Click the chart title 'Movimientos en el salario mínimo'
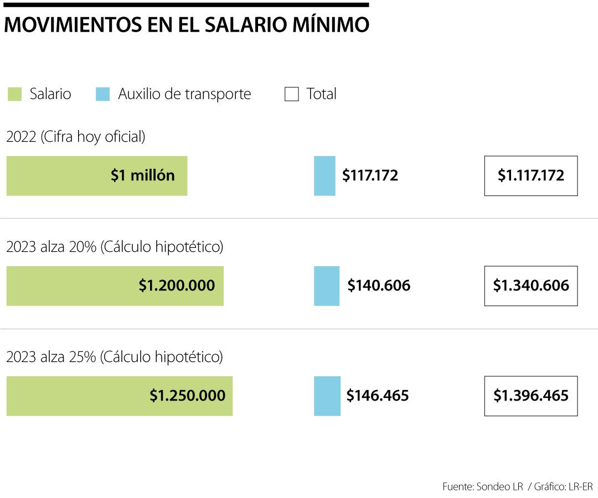(187, 25)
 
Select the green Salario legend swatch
(14, 94)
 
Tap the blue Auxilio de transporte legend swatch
(102, 94)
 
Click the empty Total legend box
(291, 94)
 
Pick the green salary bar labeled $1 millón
(97, 176)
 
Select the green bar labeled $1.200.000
(115, 286)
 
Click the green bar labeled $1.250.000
(120, 396)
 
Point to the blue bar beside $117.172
(324, 176)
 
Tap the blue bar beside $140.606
(327, 286)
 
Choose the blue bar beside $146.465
(327, 396)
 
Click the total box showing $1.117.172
(530, 176)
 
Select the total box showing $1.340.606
(530, 286)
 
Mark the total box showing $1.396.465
(530, 396)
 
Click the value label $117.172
(370, 176)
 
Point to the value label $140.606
(379, 286)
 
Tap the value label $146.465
(378, 396)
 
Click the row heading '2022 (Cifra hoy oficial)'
(76, 137)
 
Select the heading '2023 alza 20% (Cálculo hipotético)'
(115, 247)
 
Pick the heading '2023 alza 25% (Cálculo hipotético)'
(115, 357)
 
